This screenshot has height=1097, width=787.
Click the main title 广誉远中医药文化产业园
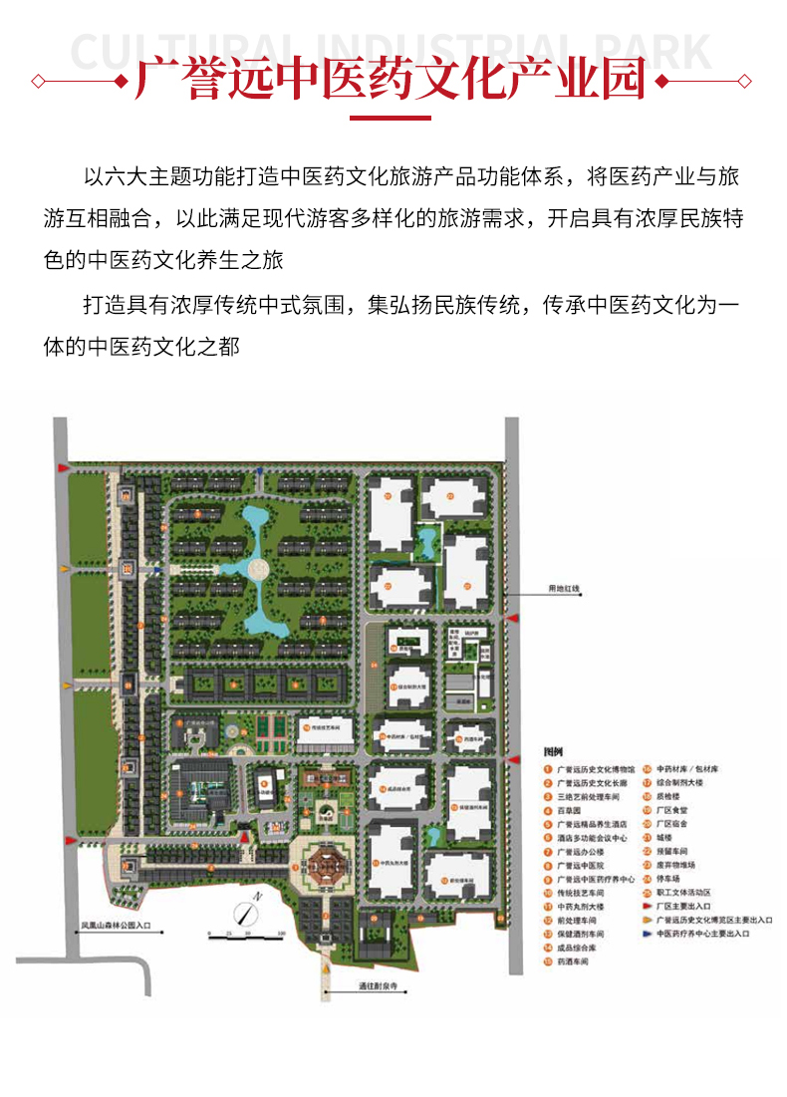coord(393,81)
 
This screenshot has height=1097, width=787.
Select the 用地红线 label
coord(562,590)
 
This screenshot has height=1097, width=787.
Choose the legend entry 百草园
coord(569,811)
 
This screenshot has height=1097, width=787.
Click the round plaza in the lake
coord(260,569)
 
